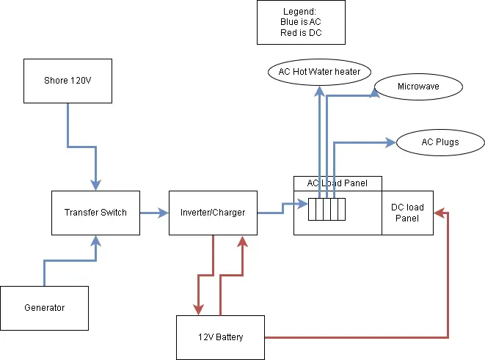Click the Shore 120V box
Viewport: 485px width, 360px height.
(x=68, y=81)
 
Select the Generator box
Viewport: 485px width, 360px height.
(x=44, y=308)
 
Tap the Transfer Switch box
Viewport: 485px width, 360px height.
(x=95, y=213)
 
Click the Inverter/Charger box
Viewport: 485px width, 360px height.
(x=213, y=213)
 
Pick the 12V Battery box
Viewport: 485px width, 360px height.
(x=220, y=337)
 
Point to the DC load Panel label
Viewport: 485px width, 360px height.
(x=407, y=213)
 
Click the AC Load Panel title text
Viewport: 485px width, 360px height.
(x=337, y=183)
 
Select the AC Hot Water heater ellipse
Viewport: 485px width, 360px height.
(x=319, y=72)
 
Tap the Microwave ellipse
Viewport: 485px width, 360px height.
(x=418, y=87)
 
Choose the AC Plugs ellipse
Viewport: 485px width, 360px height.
(x=440, y=142)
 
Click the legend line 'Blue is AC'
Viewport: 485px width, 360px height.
(x=301, y=23)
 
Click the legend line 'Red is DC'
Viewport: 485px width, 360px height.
(x=301, y=33)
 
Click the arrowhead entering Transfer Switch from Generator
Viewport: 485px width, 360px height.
(x=95, y=240)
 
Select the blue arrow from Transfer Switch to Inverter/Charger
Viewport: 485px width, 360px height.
(x=154, y=213)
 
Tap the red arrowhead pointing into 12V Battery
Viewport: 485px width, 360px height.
(x=198, y=310)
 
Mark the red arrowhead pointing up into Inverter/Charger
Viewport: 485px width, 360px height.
(x=242, y=240)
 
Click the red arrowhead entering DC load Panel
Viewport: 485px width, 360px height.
(x=438, y=213)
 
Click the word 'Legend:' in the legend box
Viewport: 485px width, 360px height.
(x=301, y=12)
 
